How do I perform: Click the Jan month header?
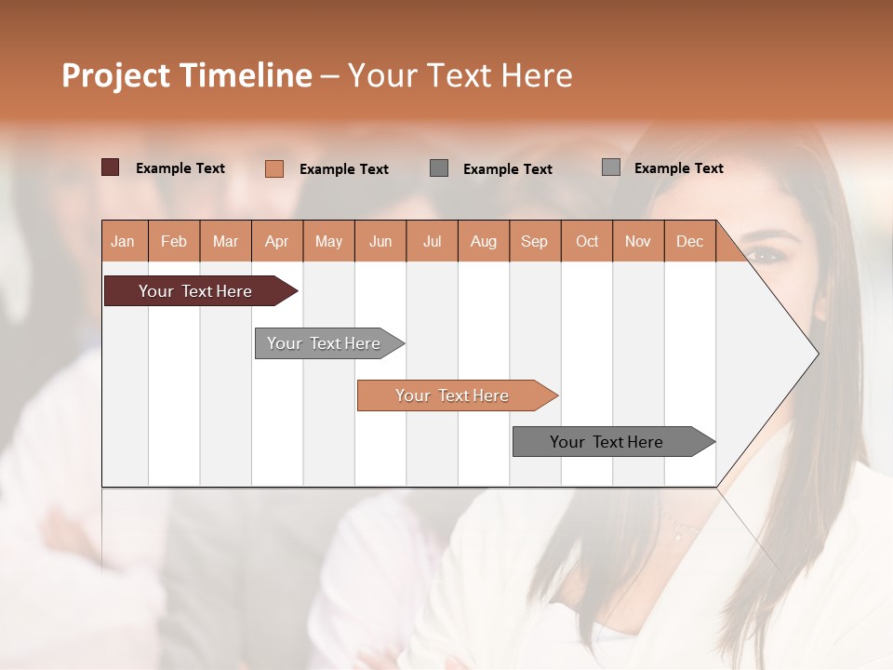[123, 241]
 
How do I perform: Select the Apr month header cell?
[277, 241]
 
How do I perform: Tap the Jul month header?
[432, 241]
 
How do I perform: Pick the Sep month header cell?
[534, 241]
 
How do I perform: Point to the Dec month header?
[689, 241]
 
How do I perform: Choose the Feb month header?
[174, 241]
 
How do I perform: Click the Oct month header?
[587, 241]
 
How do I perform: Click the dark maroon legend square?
[110, 167]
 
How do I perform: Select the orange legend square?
[273, 168]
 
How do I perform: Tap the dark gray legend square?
[439, 168]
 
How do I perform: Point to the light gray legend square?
[610, 167]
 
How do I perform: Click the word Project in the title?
[114, 75]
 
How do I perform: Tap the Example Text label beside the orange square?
[343, 169]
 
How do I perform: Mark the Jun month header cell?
[380, 241]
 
